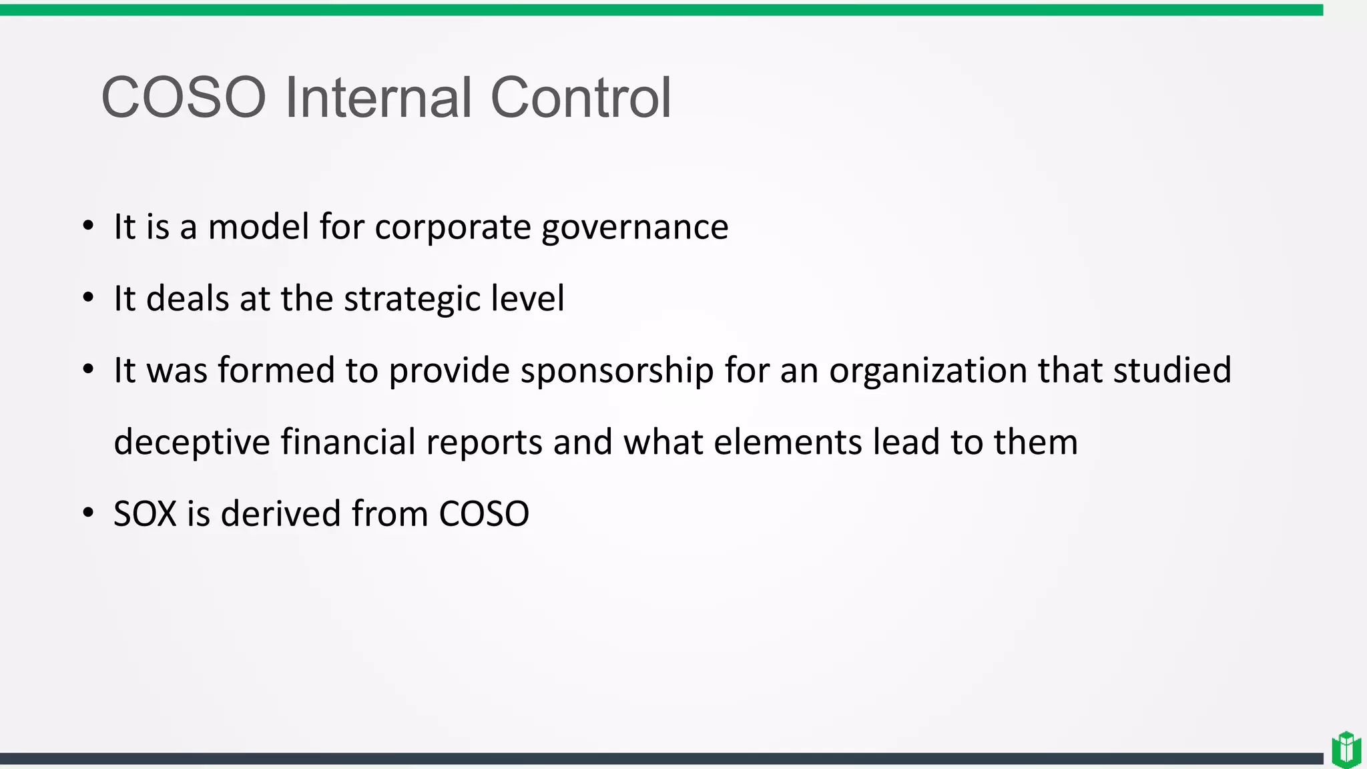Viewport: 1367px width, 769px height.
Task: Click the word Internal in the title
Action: coord(378,97)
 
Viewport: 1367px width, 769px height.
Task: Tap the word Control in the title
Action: coord(581,97)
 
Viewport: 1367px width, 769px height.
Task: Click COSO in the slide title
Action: coord(184,97)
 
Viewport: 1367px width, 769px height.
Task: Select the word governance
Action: coord(635,228)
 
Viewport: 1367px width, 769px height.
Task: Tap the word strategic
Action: coord(411,299)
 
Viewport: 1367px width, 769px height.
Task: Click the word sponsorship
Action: coord(617,371)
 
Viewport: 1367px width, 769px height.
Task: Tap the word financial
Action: coord(348,442)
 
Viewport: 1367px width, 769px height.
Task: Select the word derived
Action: coord(281,514)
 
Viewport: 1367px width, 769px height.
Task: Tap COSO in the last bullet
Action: coord(484,514)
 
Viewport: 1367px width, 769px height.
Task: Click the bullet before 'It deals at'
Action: coord(88,298)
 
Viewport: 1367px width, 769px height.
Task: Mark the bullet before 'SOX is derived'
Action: coord(88,513)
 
